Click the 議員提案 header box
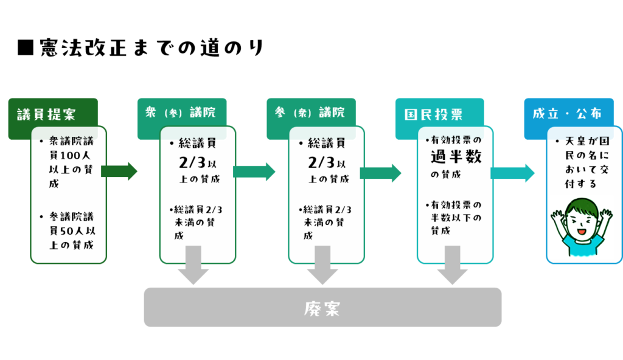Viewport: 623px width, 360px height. click(x=46, y=114)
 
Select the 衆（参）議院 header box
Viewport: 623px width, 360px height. click(x=181, y=112)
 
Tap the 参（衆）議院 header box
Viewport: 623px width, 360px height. click(x=310, y=112)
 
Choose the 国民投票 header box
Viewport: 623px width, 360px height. click(x=434, y=114)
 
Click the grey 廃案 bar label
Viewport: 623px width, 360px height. click(x=322, y=308)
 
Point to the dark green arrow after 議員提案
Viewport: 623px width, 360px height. click(x=119, y=171)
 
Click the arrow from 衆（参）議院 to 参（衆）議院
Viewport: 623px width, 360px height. click(x=254, y=172)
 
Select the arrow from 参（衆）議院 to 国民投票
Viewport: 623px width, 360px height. click(x=381, y=173)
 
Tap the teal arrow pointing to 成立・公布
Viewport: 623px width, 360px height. click(x=513, y=173)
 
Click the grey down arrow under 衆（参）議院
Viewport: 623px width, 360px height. click(x=193, y=265)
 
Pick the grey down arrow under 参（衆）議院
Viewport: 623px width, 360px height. click(x=322, y=265)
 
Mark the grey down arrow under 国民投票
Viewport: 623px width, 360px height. click(x=453, y=265)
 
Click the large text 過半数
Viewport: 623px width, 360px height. click(x=456, y=157)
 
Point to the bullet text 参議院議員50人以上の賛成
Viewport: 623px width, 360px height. click(x=71, y=231)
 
